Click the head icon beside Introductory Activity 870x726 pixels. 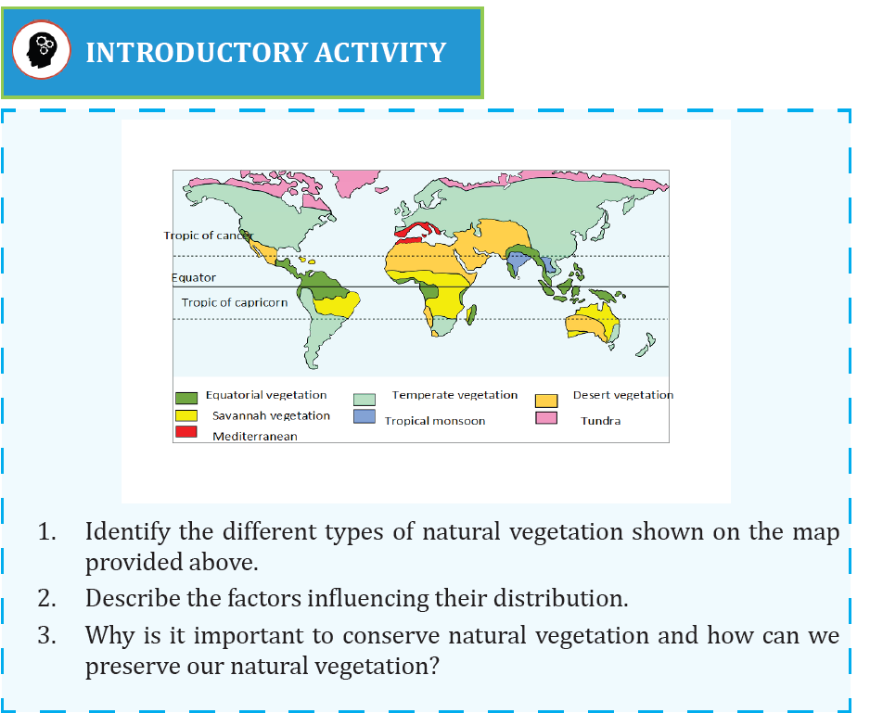click(42, 50)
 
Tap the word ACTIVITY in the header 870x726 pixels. click(380, 53)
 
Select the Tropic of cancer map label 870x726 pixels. click(208, 236)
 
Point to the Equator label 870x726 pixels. click(194, 277)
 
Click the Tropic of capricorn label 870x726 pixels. click(234, 302)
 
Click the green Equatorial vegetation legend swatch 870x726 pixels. click(186, 398)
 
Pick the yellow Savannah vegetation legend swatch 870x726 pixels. click(186, 415)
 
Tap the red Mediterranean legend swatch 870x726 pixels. click(186, 431)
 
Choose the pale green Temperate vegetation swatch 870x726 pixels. click(365, 400)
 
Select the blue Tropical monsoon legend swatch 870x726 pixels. click(365, 416)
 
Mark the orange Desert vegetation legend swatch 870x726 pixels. click(546, 401)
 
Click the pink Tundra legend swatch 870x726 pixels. click(546, 417)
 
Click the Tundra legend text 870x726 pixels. click(600, 420)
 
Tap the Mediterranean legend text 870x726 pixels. click(255, 437)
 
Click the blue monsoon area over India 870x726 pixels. click(518, 261)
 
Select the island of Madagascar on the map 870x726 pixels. click(471, 314)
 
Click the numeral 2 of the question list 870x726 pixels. click(46, 598)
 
